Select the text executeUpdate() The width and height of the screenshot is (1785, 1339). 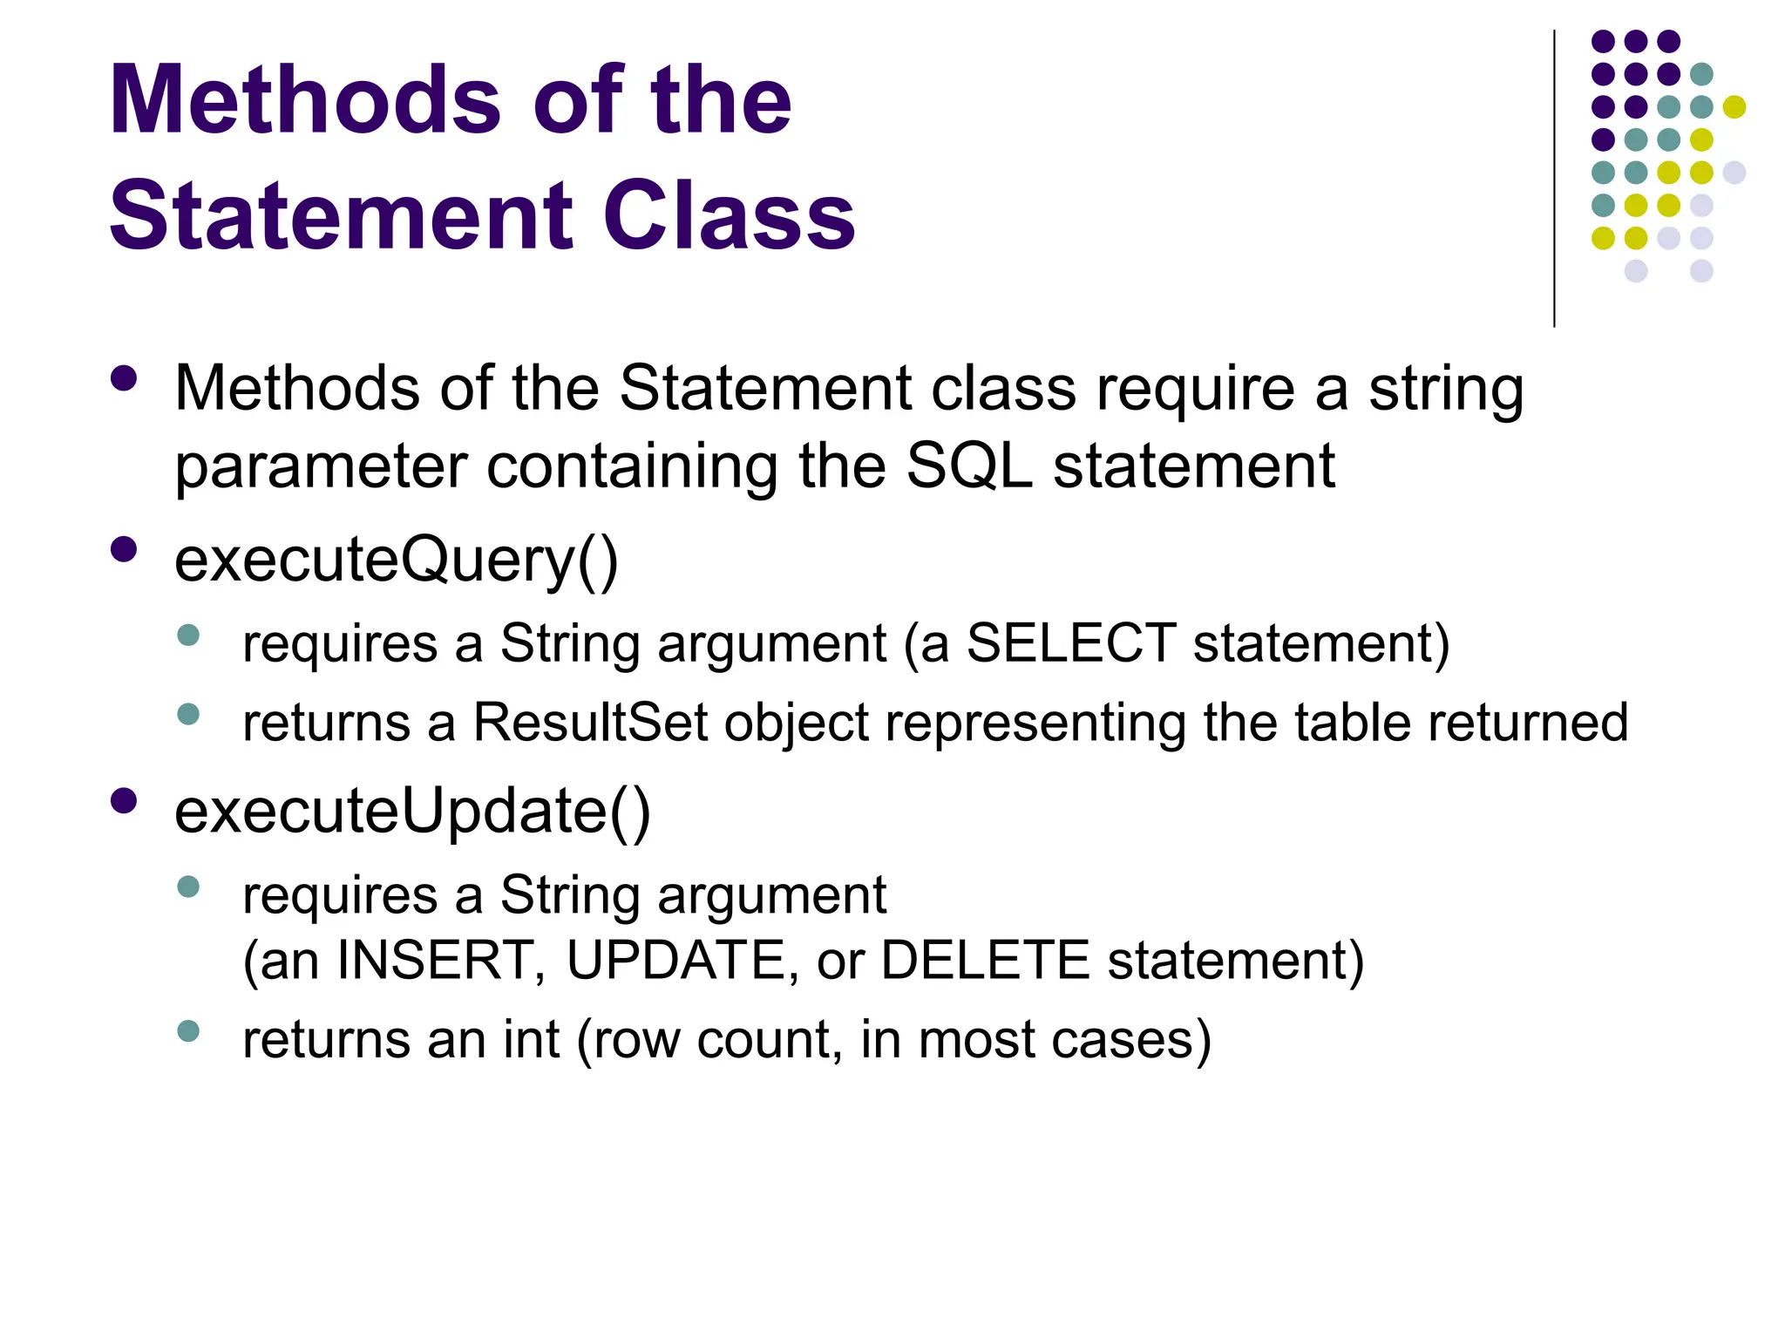[x=412, y=811]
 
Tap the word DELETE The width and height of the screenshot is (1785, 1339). [x=985, y=961]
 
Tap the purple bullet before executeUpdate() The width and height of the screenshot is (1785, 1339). [x=125, y=800]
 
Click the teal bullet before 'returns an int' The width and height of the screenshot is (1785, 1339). [x=188, y=1031]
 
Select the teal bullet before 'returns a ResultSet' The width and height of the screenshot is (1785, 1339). [x=188, y=715]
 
